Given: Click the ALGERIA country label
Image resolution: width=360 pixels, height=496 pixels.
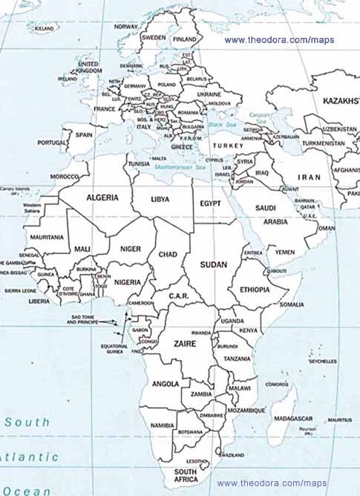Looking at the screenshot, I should pos(102,198).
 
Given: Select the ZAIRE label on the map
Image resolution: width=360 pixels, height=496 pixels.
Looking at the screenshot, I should pos(184,345).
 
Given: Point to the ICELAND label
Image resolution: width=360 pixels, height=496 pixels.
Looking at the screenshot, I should pos(45,28).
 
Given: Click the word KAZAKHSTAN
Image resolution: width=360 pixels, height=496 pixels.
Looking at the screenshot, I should pos(341,100).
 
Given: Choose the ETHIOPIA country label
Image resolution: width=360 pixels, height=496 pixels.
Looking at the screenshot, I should pos(255,290).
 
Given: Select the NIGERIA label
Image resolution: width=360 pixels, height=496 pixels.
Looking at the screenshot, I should pos(128,282).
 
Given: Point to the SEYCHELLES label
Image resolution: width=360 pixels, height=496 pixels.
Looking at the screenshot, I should pos(323,362).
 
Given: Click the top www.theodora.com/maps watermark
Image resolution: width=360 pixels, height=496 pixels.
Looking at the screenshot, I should pos(279,40).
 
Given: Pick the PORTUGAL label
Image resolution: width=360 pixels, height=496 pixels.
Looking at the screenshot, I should pos(53,143).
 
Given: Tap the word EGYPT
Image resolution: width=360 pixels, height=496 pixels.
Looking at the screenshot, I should pos(210,203).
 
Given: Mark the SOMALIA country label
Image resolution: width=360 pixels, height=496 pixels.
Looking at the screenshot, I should pos(291,304).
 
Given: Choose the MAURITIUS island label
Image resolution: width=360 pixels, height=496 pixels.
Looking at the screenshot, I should pos(339,420).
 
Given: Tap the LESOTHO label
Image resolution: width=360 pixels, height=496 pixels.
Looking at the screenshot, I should pos(197,461).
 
